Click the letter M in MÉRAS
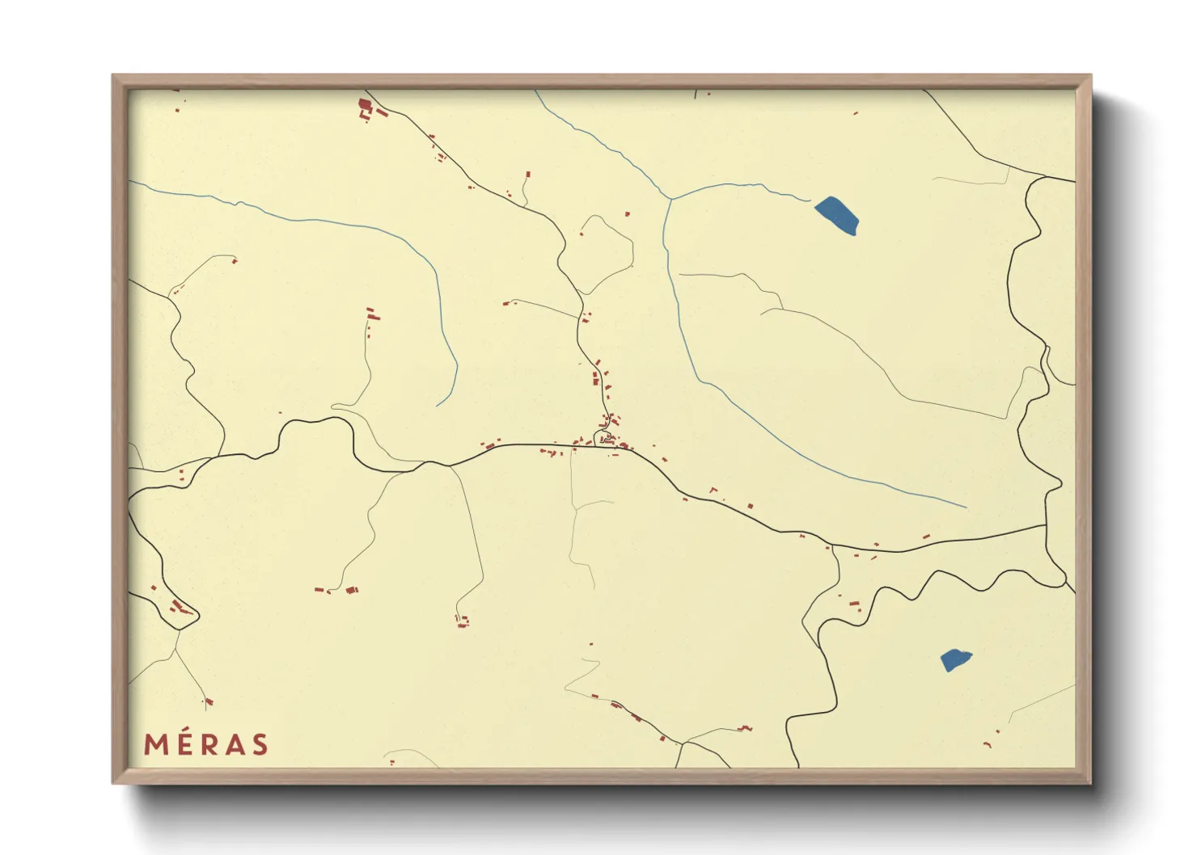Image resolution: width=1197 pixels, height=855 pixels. coord(156,744)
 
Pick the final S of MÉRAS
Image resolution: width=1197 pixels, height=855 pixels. coord(260,744)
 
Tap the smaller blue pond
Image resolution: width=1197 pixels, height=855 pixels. coord(954,659)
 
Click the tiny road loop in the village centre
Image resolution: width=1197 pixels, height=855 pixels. coord(603,439)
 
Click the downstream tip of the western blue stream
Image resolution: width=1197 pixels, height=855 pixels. coord(438,406)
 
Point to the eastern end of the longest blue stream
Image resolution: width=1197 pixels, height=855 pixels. coord(966,508)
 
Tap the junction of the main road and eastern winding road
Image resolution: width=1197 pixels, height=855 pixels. coord(1047,526)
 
